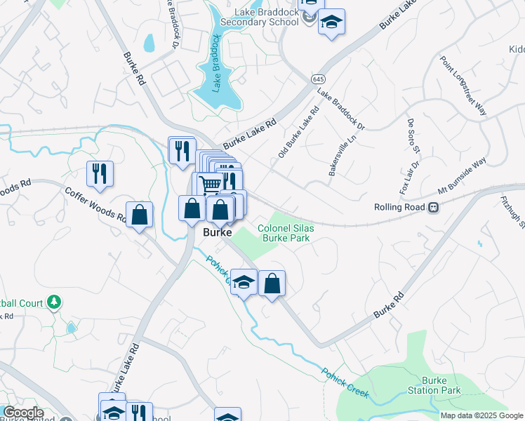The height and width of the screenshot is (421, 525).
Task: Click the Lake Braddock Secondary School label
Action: [262, 17]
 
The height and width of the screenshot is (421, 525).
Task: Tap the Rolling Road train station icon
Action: [434, 208]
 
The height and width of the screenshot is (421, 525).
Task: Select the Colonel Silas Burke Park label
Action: [284, 233]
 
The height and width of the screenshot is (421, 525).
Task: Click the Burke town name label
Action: [218, 232]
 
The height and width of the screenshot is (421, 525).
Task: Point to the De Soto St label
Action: [412, 135]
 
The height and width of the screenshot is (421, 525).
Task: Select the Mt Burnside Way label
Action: [462, 176]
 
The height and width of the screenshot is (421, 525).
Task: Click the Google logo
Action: [22, 413]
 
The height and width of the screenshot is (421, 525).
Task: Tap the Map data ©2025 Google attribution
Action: [481, 415]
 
